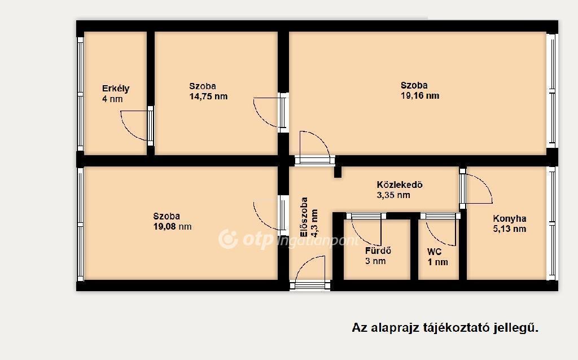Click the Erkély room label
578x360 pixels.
coord(116,89)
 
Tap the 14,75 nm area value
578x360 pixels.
coord(208,96)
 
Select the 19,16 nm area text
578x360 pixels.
coord(420,96)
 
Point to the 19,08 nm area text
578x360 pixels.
coord(173,226)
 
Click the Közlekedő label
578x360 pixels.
coord(400,185)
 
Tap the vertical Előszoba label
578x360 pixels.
coord(304,217)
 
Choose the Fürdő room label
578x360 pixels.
coord(378,251)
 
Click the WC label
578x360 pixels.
coord(434,252)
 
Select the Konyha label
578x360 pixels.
coord(510,218)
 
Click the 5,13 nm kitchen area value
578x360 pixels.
coord(510,229)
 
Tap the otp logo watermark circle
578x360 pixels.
coord(228,239)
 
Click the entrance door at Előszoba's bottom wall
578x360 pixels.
coord(310,286)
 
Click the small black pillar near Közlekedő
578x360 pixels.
coord(338,172)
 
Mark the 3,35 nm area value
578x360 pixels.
coord(393,195)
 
